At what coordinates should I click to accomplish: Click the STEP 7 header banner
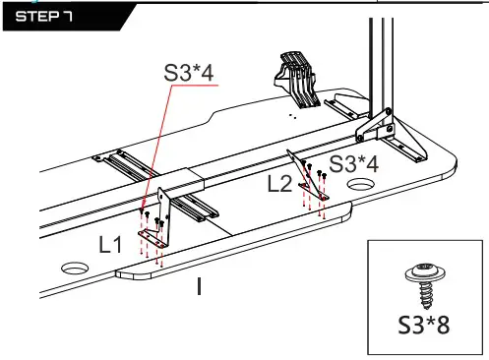[66, 17]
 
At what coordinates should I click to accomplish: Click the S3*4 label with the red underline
[189, 73]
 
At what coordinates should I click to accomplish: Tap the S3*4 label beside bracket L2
[353, 164]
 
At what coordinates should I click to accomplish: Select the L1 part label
[110, 244]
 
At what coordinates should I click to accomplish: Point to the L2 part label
[279, 184]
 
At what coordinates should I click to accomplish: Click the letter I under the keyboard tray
[199, 286]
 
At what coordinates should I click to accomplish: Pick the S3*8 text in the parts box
[424, 325]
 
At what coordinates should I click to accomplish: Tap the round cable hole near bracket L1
[75, 268]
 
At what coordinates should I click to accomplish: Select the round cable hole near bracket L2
[361, 184]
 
